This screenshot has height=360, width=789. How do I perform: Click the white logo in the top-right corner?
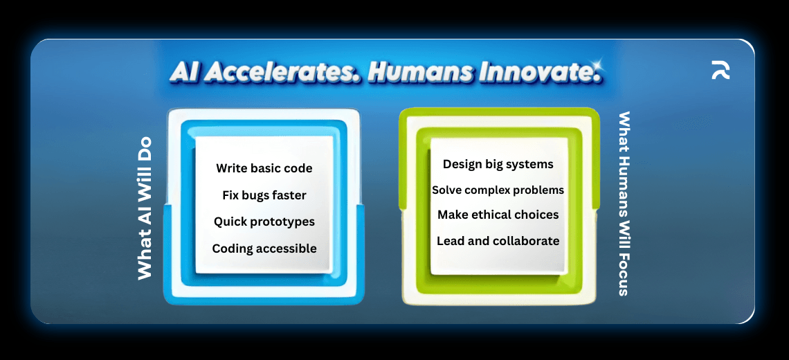pyautogui.click(x=720, y=70)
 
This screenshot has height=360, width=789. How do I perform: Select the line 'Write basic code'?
pyautogui.click(x=264, y=168)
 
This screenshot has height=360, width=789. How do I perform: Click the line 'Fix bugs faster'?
pyautogui.click(x=264, y=195)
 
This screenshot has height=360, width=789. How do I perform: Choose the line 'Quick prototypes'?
pyautogui.click(x=264, y=222)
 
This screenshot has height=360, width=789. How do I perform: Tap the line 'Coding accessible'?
pyautogui.click(x=264, y=249)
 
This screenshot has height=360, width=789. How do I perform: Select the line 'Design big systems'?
pyautogui.click(x=498, y=164)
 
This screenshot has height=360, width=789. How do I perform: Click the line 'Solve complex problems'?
pyautogui.click(x=498, y=190)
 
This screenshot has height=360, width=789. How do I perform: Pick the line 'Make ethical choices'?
pyautogui.click(x=498, y=215)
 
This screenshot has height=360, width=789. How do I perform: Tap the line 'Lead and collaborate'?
pyautogui.click(x=498, y=241)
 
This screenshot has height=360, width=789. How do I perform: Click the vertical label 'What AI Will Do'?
pyautogui.click(x=144, y=208)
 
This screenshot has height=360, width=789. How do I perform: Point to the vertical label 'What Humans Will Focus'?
pyautogui.click(x=624, y=204)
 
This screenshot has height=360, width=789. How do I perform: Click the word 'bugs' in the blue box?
pyautogui.click(x=255, y=195)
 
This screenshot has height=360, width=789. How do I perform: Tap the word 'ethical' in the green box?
pyautogui.click(x=497, y=215)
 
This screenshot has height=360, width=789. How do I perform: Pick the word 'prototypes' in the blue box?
pyautogui.click(x=282, y=222)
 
